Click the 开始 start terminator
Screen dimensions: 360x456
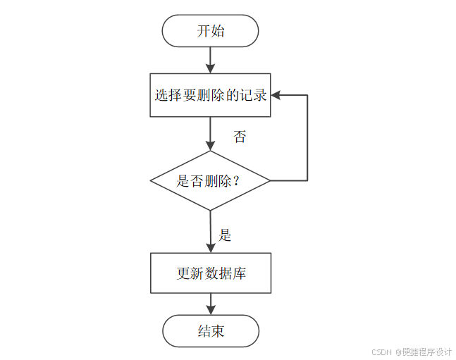tap(210, 31)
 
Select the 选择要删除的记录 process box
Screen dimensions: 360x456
tap(210, 95)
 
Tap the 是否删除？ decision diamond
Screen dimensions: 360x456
tap(210, 180)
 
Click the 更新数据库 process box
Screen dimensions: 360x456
tap(210, 273)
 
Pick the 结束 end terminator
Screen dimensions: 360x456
tap(210, 330)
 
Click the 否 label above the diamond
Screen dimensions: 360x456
tap(240, 137)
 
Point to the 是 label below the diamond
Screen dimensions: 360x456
tap(226, 235)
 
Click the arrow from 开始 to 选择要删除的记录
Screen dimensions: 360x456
tap(210, 59)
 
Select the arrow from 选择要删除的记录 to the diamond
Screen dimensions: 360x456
tap(210, 133)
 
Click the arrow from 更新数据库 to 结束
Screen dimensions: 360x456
tap(210, 304)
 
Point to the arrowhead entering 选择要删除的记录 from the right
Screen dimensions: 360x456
tap(276, 95)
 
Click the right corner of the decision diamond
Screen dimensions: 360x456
tap(269, 180)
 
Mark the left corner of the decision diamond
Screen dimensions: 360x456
tap(152, 180)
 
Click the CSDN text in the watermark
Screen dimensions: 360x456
tap(381, 352)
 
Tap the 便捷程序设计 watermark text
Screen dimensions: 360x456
tap(426, 352)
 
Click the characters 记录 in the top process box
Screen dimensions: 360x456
tap(254, 95)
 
